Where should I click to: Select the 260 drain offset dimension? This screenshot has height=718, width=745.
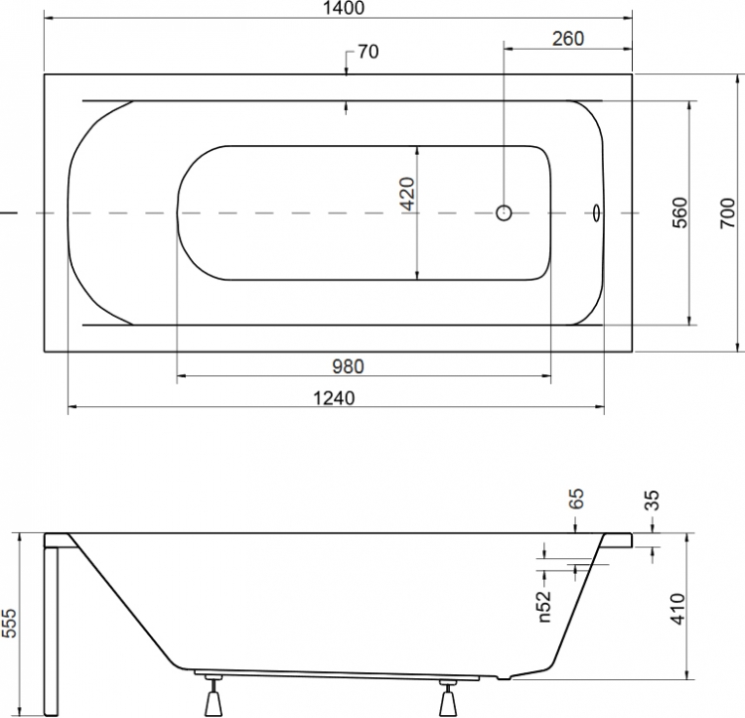(568, 39)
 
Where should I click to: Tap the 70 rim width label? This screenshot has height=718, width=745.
(368, 52)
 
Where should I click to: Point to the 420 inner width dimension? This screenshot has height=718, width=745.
(407, 194)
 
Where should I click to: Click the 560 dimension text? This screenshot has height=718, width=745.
(679, 213)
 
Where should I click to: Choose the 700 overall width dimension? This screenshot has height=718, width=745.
(727, 214)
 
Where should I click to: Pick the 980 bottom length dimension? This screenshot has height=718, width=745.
(348, 366)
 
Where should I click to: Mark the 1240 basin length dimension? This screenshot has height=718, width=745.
(334, 398)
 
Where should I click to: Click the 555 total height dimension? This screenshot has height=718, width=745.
(9, 623)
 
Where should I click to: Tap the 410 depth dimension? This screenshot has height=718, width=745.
(678, 609)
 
